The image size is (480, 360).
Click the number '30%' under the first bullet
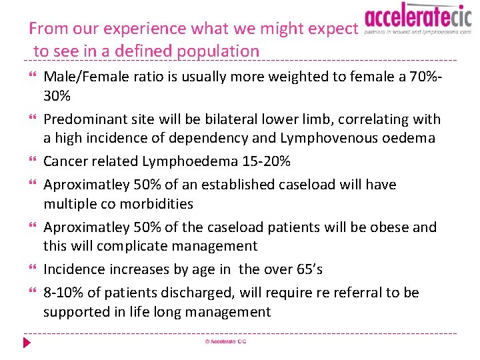pos(57,96)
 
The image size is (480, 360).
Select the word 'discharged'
pos(191,293)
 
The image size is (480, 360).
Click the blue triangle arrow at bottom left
pos(27,343)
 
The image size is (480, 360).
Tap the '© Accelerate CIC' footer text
pos(226,342)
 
